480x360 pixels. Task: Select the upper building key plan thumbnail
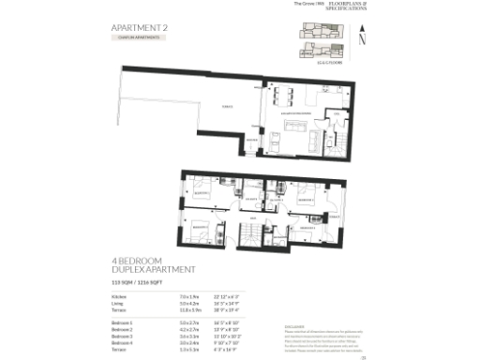tap(316, 30)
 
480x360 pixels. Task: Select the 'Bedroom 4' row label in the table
tap(120, 343)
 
